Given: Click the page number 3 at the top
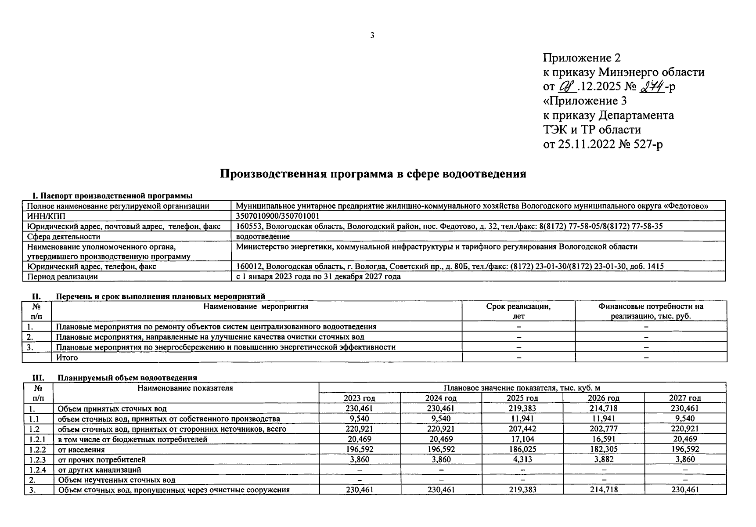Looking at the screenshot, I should [x=372, y=36].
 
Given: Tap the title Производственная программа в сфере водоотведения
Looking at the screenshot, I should [x=373, y=174].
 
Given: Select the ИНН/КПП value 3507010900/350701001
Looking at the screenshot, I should [x=277, y=216].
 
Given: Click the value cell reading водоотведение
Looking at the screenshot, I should [x=263, y=236].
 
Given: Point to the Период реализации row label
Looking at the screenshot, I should [x=62, y=277].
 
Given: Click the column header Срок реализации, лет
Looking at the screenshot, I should [x=518, y=311].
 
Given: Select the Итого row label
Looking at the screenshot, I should [x=67, y=357].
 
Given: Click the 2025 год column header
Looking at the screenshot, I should [x=522, y=398].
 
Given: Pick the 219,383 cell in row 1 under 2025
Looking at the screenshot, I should [x=522, y=408].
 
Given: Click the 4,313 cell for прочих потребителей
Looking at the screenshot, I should [x=522, y=459].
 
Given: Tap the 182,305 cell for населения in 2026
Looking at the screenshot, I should [x=603, y=449].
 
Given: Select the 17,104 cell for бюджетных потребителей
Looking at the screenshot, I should [x=522, y=439].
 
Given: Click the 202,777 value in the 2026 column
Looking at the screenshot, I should [x=603, y=429].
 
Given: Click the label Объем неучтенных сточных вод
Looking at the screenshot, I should [x=116, y=480].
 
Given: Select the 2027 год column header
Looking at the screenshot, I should [x=684, y=398].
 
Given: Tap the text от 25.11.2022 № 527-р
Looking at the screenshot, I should [x=603, y=144].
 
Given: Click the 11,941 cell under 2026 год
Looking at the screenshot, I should [x=603, y=419].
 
